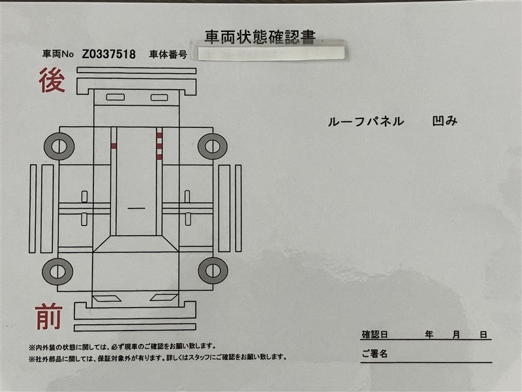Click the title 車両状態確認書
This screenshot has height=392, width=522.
click(260, 37)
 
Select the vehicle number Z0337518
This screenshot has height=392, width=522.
click(109, 54)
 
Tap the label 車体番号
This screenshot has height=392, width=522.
click(168, 54)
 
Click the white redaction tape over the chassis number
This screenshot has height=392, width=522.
click(271, 54)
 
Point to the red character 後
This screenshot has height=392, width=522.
click(52, 80)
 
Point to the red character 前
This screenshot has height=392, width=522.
click(49, 316)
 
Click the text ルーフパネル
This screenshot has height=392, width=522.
click(366, 122)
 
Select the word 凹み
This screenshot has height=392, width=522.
click(445, 121)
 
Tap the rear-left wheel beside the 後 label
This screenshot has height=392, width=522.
click(59, 146)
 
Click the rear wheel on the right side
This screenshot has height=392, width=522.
click(213, 146)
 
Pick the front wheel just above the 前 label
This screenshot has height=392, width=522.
click(57, 271)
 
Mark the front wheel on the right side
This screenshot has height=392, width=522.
click(213, 270)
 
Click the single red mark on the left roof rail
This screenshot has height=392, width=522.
click(114, 146)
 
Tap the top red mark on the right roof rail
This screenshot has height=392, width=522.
click(159, 136)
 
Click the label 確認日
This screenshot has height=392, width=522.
click(375, 335)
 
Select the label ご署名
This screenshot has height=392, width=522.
click(375, 353)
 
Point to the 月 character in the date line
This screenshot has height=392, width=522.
click(456, 335)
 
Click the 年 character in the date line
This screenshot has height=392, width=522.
click(429, 335)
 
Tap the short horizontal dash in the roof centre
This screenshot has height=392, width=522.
click(136, 208)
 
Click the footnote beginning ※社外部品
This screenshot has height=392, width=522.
click(157, 357)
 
